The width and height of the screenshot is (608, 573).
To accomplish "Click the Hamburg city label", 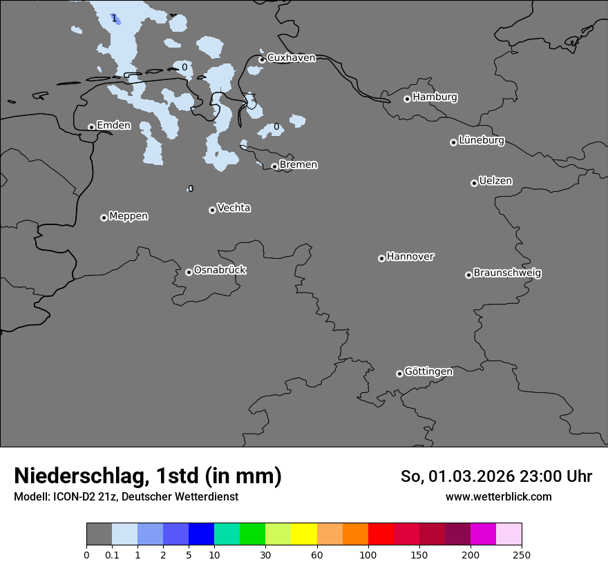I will (x=435, y=97).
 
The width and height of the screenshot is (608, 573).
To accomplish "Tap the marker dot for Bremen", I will (x=274, y=166).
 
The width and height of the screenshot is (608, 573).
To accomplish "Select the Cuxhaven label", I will (x=291, y=58).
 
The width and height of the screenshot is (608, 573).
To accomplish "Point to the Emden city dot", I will (x=91, y=127).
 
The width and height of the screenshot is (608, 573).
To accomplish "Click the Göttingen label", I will (x=428, y=372).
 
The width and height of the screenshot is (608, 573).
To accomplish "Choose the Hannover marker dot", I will (x=381, y=258).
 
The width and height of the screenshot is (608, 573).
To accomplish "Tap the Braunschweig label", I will (x=507, y=273).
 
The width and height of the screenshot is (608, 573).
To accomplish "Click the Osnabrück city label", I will (x=220, y=271).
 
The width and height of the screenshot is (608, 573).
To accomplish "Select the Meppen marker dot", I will (x=104, y=217).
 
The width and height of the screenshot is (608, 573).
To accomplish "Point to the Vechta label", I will (x=234, y=208).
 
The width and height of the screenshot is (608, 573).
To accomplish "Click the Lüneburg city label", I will (x=481, y=141).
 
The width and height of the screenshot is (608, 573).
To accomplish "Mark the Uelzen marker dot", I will (x=474, y=183).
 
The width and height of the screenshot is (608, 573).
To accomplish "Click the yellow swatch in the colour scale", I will (x=304, y=534).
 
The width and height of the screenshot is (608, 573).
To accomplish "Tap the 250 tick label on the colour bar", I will (x=522, y=554).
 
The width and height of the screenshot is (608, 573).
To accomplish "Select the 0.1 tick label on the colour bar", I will (x=112, y=554).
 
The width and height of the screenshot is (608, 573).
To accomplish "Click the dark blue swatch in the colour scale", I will (x=201, y=534).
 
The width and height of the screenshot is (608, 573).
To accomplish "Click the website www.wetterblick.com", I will (x=498, y=497).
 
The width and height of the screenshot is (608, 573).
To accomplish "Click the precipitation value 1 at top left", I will (x=114, y=18).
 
